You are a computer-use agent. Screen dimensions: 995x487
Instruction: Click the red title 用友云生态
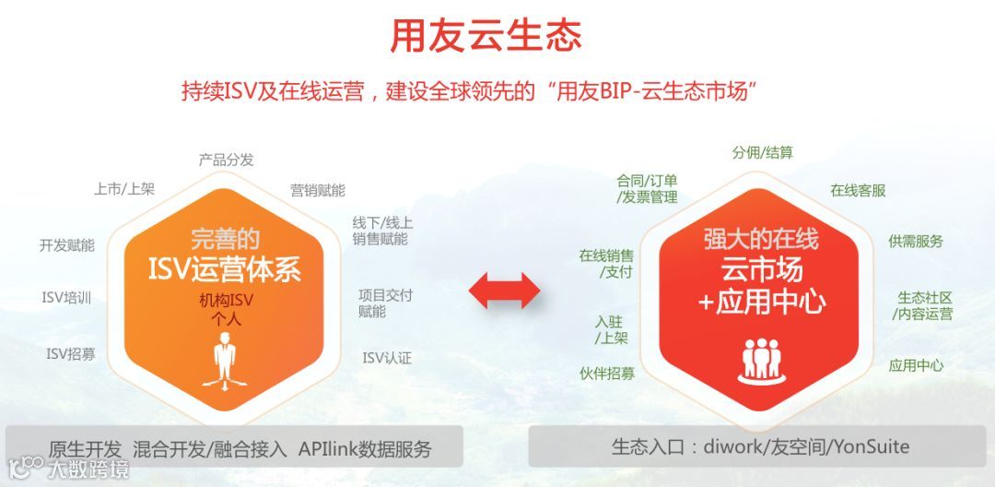pos(486,36)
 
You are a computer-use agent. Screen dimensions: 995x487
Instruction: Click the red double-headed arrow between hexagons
pos(504,290)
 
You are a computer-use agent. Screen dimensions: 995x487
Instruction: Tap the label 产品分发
pos(226,160)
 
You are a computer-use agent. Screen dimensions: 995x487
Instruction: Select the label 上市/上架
pos(124,189)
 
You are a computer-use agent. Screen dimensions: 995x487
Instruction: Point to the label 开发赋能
pos(66,245)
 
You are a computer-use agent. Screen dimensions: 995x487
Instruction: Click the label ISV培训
pos(66,298)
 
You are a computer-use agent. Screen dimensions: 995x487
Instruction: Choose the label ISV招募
pos(71,353)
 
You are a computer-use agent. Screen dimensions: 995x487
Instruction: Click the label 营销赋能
pos(318,190)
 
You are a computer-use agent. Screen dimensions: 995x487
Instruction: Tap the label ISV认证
pos(387,358)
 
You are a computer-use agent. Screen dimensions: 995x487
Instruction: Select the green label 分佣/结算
pos(762,153)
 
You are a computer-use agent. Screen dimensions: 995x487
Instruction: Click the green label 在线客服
pos(858,191)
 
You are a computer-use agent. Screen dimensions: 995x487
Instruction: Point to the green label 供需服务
pos(916,242)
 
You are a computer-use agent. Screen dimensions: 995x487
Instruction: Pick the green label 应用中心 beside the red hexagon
pos(916,365)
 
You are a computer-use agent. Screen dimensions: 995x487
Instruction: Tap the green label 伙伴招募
pos(607,374)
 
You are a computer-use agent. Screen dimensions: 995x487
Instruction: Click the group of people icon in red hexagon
pos(761,361)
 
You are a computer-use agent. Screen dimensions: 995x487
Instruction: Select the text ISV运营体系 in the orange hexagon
pos(225,269)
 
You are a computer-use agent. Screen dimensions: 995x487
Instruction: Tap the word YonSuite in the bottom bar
pos(870,447)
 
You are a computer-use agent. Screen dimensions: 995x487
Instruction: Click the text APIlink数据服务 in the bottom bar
pos(365,450)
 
